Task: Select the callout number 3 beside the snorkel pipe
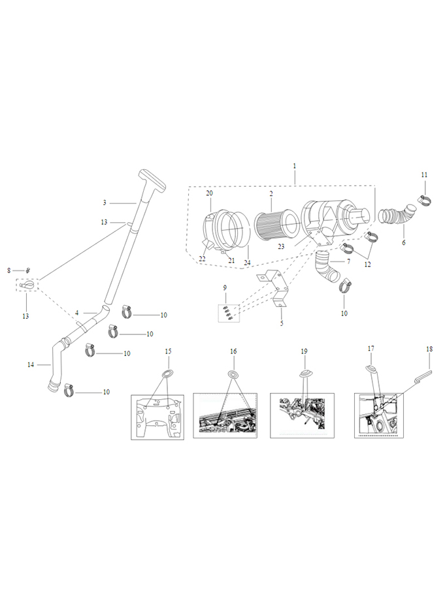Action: (x=105, y=203)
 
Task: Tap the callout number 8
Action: (x=9, y=270)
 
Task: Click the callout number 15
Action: (x=168, y=351)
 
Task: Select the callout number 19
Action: (x=305, y=351)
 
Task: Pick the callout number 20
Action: (x=209, y=193)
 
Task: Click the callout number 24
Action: (x=247, y=263)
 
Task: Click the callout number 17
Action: (x=371, y=349)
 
